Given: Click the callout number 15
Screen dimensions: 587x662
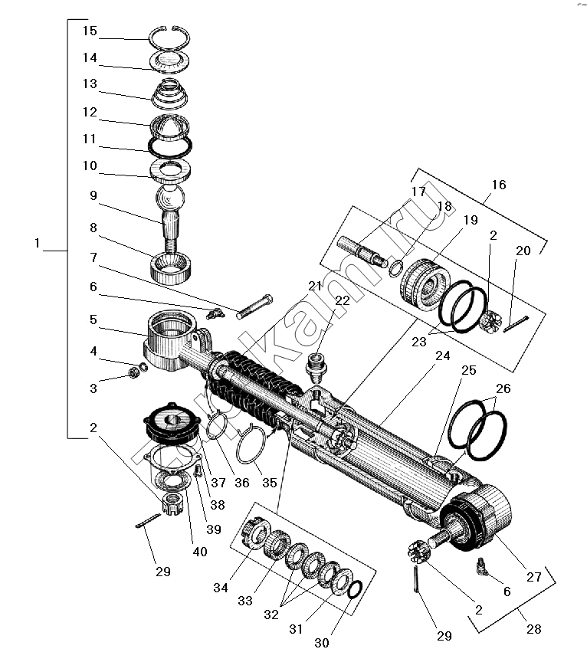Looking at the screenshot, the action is [x=90, y=31].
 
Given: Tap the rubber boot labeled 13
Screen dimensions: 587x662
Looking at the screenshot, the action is [x=169, y=93].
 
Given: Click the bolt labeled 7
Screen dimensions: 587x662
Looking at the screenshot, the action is [x=254, y=306].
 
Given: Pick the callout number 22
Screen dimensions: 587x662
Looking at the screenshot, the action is [x=342, y=300].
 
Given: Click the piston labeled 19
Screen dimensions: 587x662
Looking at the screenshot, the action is [x=425, y=285].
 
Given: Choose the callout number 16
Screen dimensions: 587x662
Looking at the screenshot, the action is [x=499, y=185].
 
